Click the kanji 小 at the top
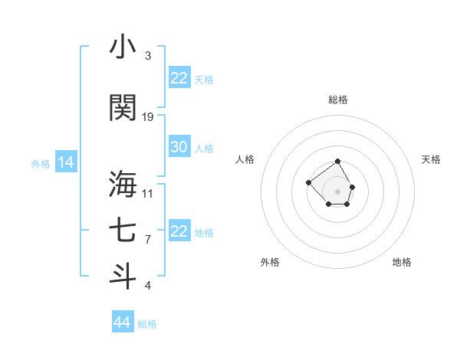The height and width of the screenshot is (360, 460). (123, 47)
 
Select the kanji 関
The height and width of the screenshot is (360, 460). (123, 107)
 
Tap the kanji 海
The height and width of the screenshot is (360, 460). (123, 184)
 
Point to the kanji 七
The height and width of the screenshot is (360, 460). (123, 231)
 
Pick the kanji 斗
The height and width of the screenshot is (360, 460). (123, 276)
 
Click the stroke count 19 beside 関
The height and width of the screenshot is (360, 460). (148, 116)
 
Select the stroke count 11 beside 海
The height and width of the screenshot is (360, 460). (148, 193)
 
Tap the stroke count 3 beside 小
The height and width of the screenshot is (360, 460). (148, 56)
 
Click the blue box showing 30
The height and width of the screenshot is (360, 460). (179, 147)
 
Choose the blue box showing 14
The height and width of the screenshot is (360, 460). (66, 162)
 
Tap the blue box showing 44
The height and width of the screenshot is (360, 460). (122, 322)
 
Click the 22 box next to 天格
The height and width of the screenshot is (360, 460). (179, 78)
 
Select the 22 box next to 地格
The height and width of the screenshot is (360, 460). (179, 231)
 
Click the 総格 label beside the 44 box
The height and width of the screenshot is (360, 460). (147, 324)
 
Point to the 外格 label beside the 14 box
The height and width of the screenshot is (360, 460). (41, 163)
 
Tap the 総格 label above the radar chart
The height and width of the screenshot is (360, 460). (338, 100)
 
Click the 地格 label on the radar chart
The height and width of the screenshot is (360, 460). (402, 262)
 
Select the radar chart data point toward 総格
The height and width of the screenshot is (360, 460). (338, 162)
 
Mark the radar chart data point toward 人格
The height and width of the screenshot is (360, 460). (308, 182)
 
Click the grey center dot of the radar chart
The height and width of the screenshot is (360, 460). (338, 191)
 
